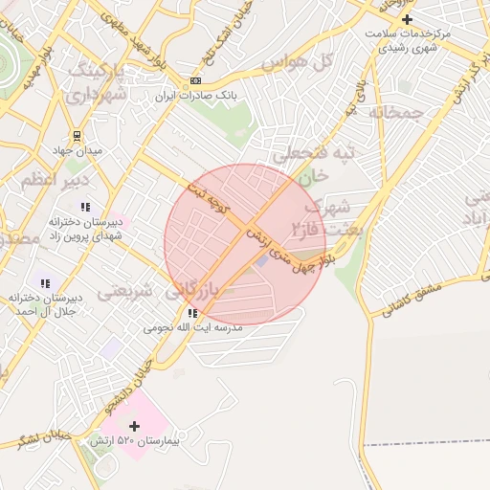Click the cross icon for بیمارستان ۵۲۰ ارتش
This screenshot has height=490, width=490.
click(x=135, y=426)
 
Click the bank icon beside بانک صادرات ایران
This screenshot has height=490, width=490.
click(x=196, y=81)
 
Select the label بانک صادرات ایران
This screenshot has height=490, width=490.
click(x=196, y=97)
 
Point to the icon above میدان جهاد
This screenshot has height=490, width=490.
click(x=78, y=136)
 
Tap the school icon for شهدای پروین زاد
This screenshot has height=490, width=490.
click(x=85, y=206)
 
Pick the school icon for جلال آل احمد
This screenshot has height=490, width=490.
click(x=44, y=282)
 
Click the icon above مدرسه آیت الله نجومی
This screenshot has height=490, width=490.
click(x=193, y=312)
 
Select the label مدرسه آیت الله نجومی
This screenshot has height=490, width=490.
click(x=193, y=327)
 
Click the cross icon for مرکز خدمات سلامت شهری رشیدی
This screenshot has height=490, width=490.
click(x=408, y=19)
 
